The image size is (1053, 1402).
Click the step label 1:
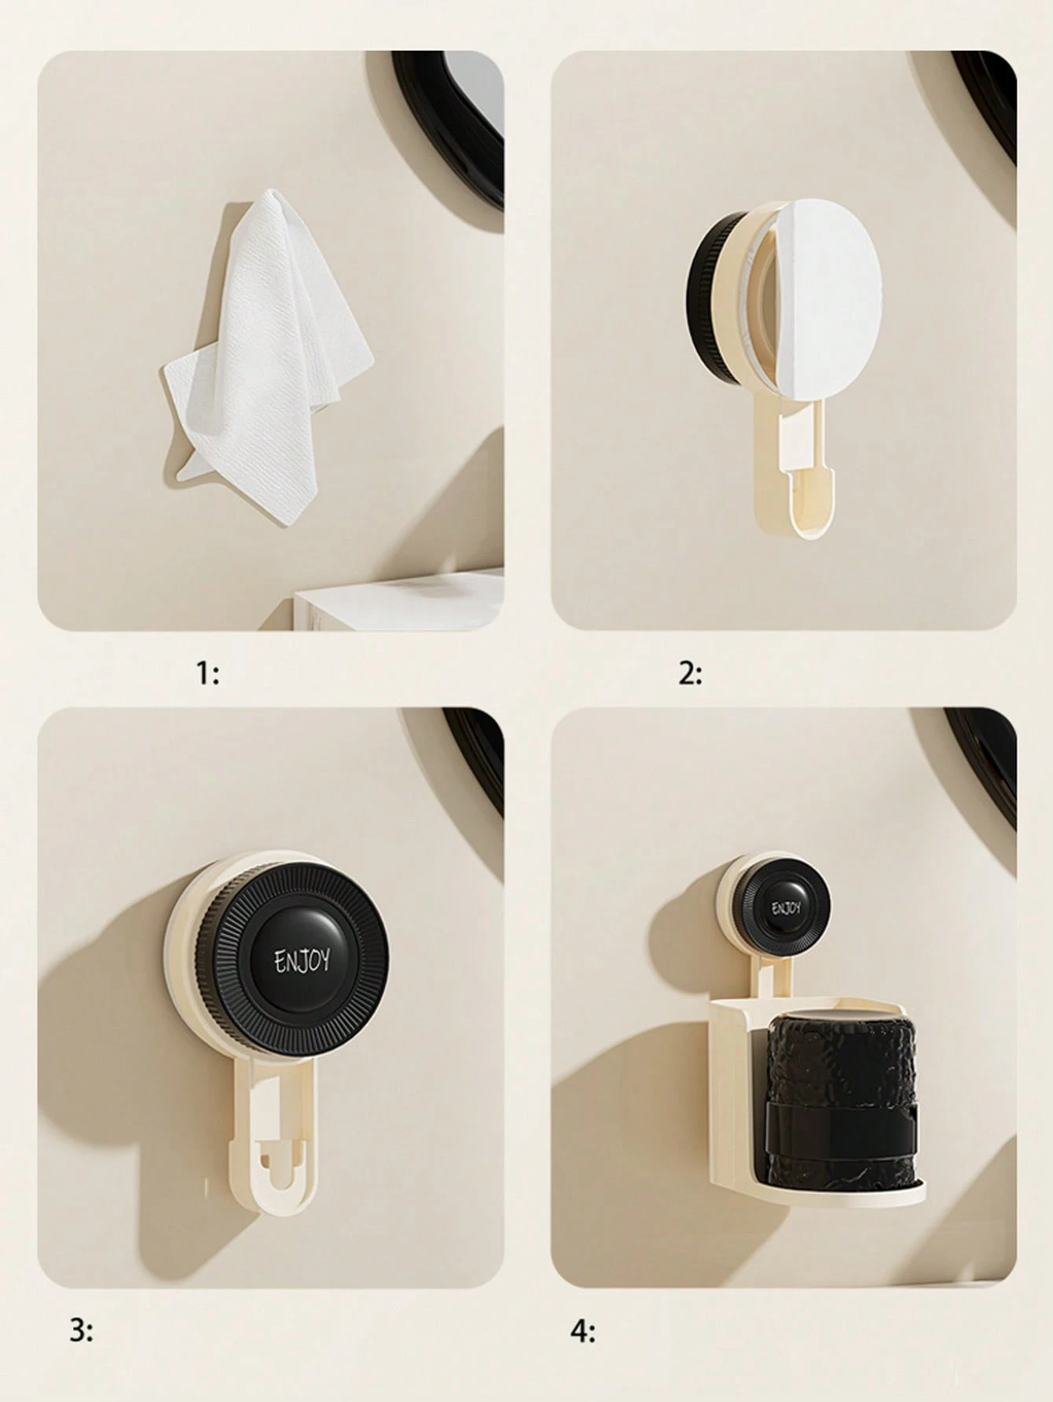click(x=207, y=673)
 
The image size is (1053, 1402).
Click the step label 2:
click(x=690, y=673)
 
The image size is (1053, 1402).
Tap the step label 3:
click(x=81, y=1331)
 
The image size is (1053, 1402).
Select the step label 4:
click(x=582, y=1331)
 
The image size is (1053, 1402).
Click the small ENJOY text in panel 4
click(x=787, y=909)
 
